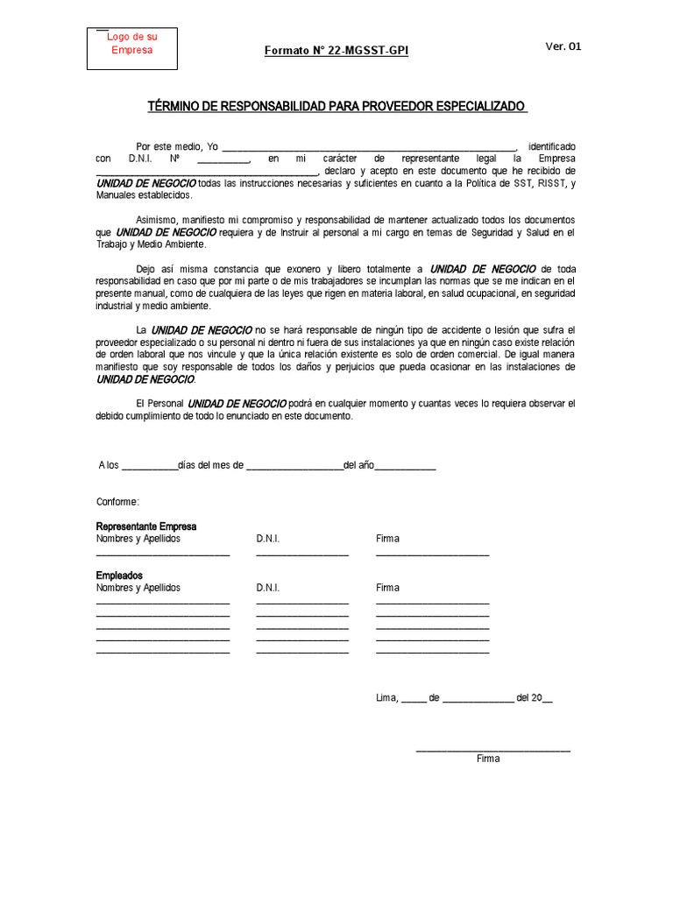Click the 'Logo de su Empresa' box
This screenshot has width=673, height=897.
[x=131, y=49]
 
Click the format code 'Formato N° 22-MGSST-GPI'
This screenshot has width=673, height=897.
[x=336, y=51]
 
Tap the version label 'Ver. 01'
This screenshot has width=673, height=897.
[x=563, y=46]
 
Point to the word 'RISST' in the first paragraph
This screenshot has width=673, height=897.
[x=549, y=183]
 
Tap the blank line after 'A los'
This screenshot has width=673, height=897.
[x=148, y=466]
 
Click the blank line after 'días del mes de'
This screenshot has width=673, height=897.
[x=294, y=466]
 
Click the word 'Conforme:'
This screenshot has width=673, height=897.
[x=117, y=501]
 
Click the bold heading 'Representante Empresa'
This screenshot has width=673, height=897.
[x=146, y=526]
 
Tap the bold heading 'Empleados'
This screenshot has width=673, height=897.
[x=119, y=576]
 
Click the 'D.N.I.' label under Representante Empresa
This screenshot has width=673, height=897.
[x=268, y=539]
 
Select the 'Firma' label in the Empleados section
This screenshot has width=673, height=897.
[x=387, y=588]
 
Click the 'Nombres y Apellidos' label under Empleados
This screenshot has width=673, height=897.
[x=138, y=588]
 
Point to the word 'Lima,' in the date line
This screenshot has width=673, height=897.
[x=386, y=698]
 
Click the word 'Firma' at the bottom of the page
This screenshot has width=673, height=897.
[x=488, y=759]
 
